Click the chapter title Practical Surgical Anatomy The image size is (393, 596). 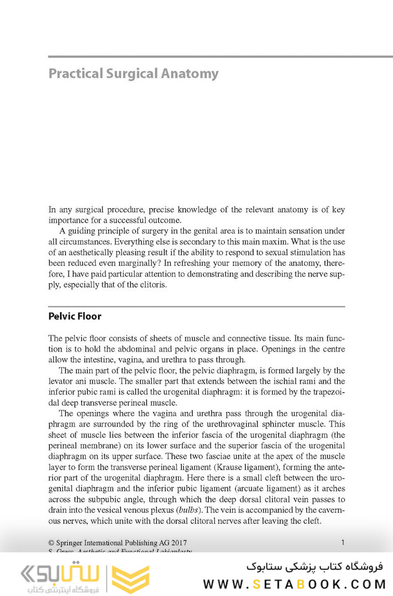pyautogui.click(x=134, y=73)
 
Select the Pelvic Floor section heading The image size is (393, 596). pyautogui.click(x=75, y=317)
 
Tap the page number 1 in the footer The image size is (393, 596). pyautogui.click(x=343, y=542)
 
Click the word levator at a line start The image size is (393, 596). pyautogui.click(x=61, y=381)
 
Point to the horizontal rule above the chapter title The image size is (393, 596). pyautogui.click(x=197, y=56)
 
